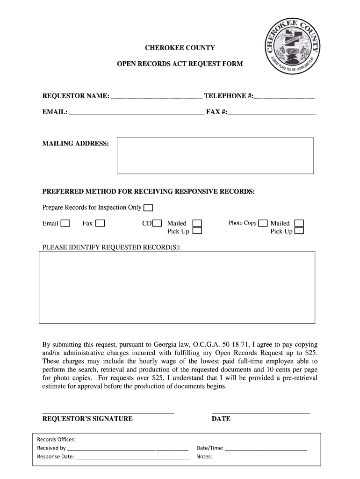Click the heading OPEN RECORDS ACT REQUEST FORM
coord(180,63)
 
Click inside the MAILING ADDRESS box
coord(215,156)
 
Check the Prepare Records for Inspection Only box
coord(148,208)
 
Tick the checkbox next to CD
coord(158,223)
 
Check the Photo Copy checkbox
coord(263,223)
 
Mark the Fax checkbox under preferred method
coord(100,223)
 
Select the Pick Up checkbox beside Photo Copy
coord(299,231)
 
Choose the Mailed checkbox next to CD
coord(198,223)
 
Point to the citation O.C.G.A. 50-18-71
coord(221,345)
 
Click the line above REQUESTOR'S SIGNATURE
coord(108,413)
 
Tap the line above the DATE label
coord(260,413)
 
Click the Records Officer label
coord(56,439)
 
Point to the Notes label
coord(204,457)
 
